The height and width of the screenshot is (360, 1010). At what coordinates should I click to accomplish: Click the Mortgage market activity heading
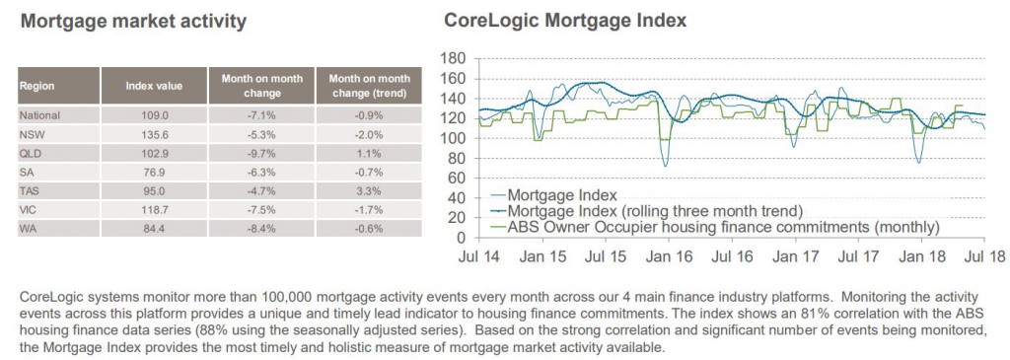[x=134, y=22]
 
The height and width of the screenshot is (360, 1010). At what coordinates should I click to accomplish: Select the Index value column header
[x=154, y=86]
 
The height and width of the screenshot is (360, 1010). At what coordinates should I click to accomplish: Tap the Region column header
[x=36, y=86]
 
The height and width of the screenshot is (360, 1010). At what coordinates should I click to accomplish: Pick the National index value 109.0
[x=154, y=116]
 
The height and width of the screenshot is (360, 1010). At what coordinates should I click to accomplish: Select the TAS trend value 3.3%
[x=370, y=191]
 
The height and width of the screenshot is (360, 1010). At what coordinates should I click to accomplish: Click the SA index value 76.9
[x=154, y=173]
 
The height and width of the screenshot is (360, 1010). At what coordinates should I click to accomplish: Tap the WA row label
[x=28, y=229]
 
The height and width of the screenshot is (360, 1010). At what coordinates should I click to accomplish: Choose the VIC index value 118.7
[x=154, y=210]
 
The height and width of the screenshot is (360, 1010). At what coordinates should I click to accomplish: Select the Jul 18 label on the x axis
[x=985, y=256]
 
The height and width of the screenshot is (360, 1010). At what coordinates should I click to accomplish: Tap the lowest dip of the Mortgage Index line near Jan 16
[x=665, y=166]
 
